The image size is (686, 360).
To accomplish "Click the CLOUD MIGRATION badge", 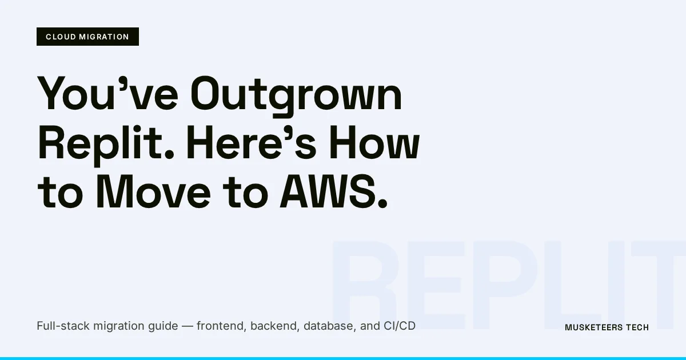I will [87, 37].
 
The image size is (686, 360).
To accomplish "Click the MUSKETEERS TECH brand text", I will [607, 327].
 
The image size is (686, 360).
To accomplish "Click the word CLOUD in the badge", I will [59, 37].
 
